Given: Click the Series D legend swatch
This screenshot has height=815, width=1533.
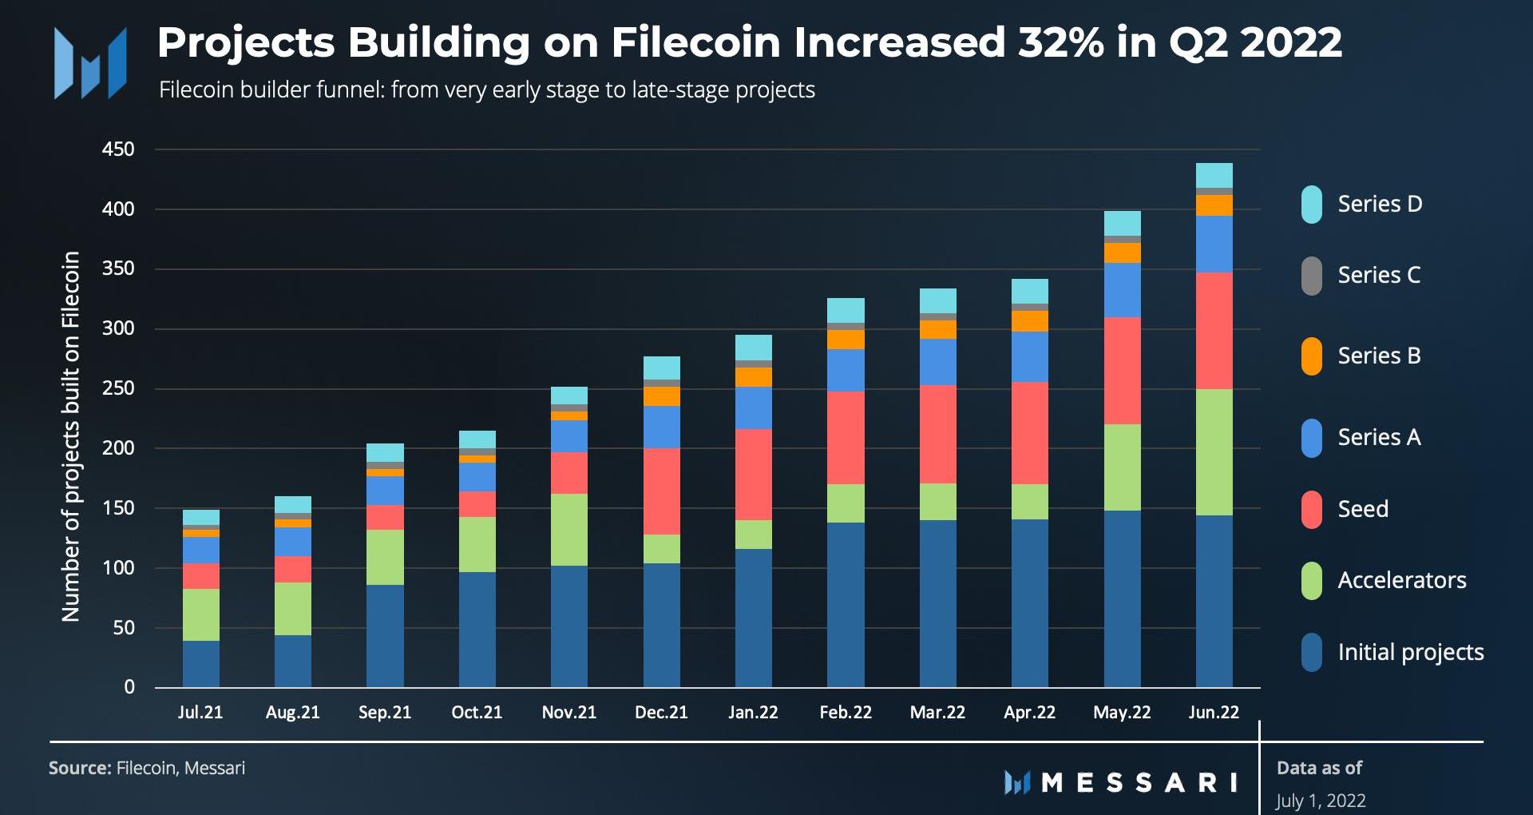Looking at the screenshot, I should tap(1311, 205).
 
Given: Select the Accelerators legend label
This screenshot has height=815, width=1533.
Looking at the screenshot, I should tap(1401, 580).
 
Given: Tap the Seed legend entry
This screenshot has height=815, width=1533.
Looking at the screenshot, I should tap(1362, 509).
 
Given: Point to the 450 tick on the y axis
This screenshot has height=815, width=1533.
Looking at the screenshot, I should tap(118, 149).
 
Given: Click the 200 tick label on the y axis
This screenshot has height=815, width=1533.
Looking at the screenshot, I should tap(118, 448).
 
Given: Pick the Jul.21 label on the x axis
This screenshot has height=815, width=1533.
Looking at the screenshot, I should tap(200, 712).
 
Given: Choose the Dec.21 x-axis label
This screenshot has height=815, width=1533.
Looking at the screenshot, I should tap(661, 712).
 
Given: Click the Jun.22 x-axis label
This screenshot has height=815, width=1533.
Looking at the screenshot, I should tap(1214, 712).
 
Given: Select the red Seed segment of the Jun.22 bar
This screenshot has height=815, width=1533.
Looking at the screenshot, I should tap(1214, 331).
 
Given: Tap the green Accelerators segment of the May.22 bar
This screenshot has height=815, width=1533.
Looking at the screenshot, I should tap(1122, 467).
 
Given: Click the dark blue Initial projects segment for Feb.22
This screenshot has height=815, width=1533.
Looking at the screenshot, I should tap(846, 604).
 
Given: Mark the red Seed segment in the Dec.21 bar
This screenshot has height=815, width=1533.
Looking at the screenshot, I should tap(661, 491).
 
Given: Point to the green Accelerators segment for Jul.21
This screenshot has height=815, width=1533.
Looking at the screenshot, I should tap(200, 614).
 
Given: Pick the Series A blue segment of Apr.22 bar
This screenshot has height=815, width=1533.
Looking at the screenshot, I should tap(1030, 356).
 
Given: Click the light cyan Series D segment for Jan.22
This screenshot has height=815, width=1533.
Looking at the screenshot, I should tap(753, 348).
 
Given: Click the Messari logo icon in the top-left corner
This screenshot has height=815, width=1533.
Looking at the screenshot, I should tap(89, 63).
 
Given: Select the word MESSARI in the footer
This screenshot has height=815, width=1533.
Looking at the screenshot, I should tap(1139, 782).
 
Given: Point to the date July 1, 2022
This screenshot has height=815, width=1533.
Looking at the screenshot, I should tap(1321, 801).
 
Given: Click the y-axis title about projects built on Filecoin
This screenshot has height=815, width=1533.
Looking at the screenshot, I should tap(71, 436).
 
